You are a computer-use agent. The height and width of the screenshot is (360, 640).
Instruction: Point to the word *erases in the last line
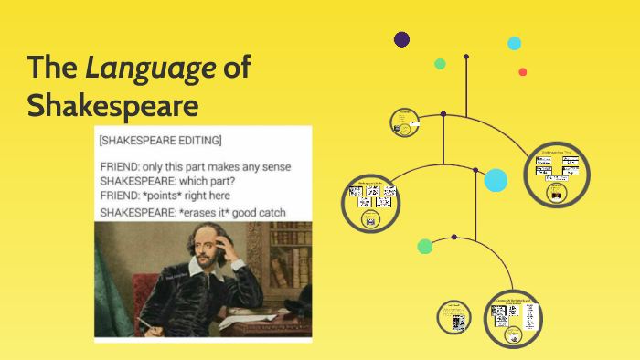point(208,212)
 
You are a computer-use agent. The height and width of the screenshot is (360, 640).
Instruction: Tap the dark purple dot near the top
point(401,39)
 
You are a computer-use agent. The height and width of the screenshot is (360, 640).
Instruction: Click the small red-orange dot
point(523,72)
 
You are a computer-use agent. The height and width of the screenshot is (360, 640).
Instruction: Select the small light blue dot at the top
point(515,43)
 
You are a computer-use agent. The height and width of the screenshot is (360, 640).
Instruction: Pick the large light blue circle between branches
point(496,181)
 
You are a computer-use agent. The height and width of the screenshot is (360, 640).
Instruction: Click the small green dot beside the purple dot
point(440,64)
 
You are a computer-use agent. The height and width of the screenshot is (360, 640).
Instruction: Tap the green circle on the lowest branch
point(425,246)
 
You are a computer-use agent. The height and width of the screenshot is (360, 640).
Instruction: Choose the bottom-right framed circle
point(513,319)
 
